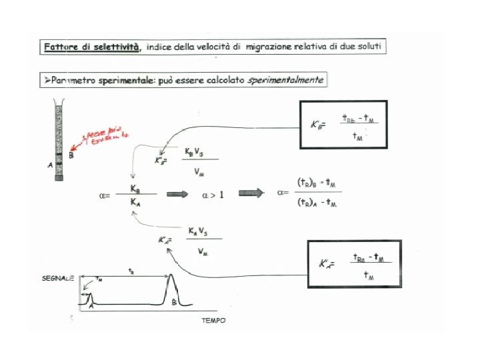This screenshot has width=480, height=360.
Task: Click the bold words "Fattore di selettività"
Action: tap(92, 47)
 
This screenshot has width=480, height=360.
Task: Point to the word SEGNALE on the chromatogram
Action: tap(57, 278)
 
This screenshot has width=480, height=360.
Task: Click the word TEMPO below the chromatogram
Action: tap(213, 320)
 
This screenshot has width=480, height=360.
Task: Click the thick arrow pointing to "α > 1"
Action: tap(177, 194)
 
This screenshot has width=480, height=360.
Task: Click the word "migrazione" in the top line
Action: tap(269, 47)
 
